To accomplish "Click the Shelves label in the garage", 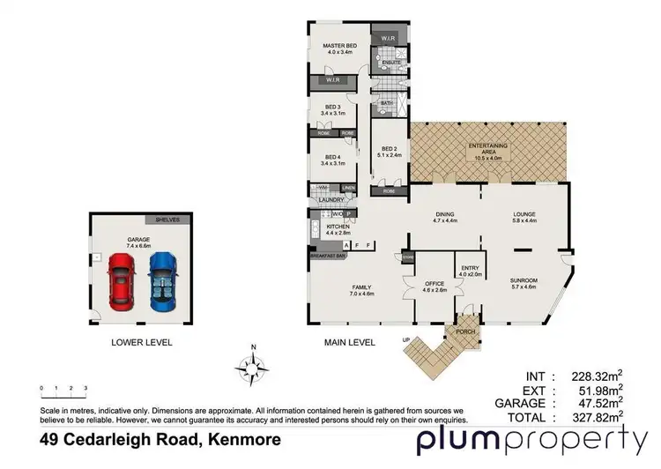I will click(x=167, y=220).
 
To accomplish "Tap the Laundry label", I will click(x=330, y=200).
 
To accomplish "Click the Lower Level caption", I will click(x=141, y=342).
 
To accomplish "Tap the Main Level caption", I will click(x=350, y=342).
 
